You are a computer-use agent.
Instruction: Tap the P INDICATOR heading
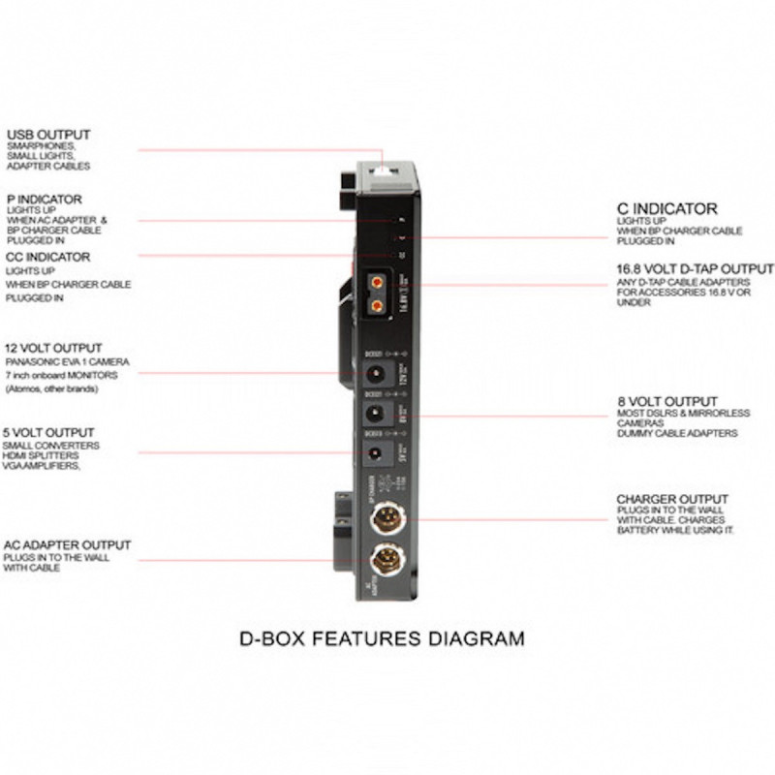coord(44,199)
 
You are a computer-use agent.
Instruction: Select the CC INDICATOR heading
coord(47,257)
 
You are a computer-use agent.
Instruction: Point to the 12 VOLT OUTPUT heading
coord(53,348)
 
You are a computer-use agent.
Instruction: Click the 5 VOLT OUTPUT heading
coord(49,432)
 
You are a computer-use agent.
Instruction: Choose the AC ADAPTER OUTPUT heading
coord(67,545)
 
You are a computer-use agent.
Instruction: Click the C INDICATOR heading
coord(667,208)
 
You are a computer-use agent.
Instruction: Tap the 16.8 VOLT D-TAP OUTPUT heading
coord(695,268)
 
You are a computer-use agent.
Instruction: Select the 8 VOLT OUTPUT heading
coord(666,401)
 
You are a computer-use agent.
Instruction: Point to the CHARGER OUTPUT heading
coord(672,500)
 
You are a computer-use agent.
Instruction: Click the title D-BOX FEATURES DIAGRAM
coord(382,638)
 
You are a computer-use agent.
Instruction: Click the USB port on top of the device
coord(385,171)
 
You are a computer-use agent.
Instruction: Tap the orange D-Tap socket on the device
coord(376,288)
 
